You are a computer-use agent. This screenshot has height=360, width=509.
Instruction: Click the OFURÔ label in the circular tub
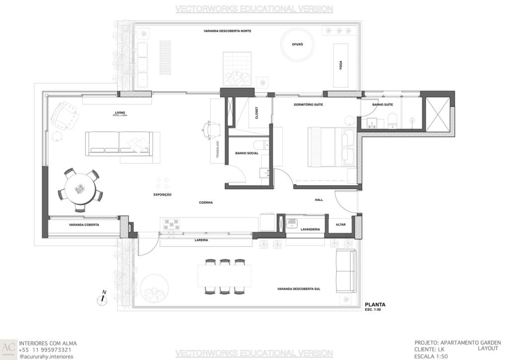click(x=297, y=44)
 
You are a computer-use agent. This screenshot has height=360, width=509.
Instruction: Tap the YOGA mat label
click(x=341, y=65)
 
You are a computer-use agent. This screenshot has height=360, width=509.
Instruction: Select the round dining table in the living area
click(x=80, y=189)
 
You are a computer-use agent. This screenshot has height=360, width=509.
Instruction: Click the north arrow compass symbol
click(x=102, y=298)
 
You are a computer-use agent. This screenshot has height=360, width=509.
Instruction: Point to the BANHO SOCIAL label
click(x=246, y=154)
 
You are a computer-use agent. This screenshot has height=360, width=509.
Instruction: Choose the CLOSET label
click(x=256, y=113)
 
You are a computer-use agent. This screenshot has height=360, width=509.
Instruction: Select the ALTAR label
click(x=340, y=225)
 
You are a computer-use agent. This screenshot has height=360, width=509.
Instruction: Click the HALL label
click(x=319, y=200)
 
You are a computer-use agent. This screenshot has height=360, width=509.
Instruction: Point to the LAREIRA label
click(x=201, y=240)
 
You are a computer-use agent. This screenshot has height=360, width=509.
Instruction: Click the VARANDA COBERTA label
click(x=84, y=225)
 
